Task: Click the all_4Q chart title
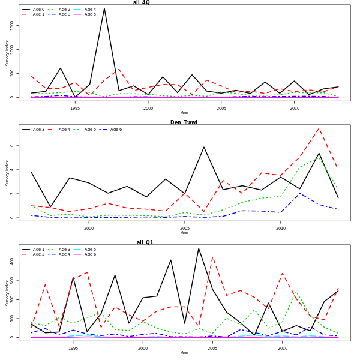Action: pos(142,2)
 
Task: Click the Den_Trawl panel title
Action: pos(184,122)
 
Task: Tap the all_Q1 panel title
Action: pos(145,242)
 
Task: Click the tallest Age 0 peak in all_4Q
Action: pos(104,8)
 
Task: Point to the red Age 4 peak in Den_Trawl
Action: pos(319,128)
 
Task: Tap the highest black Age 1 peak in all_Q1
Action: pos(199,248)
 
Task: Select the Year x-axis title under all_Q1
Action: pos(184,353)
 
